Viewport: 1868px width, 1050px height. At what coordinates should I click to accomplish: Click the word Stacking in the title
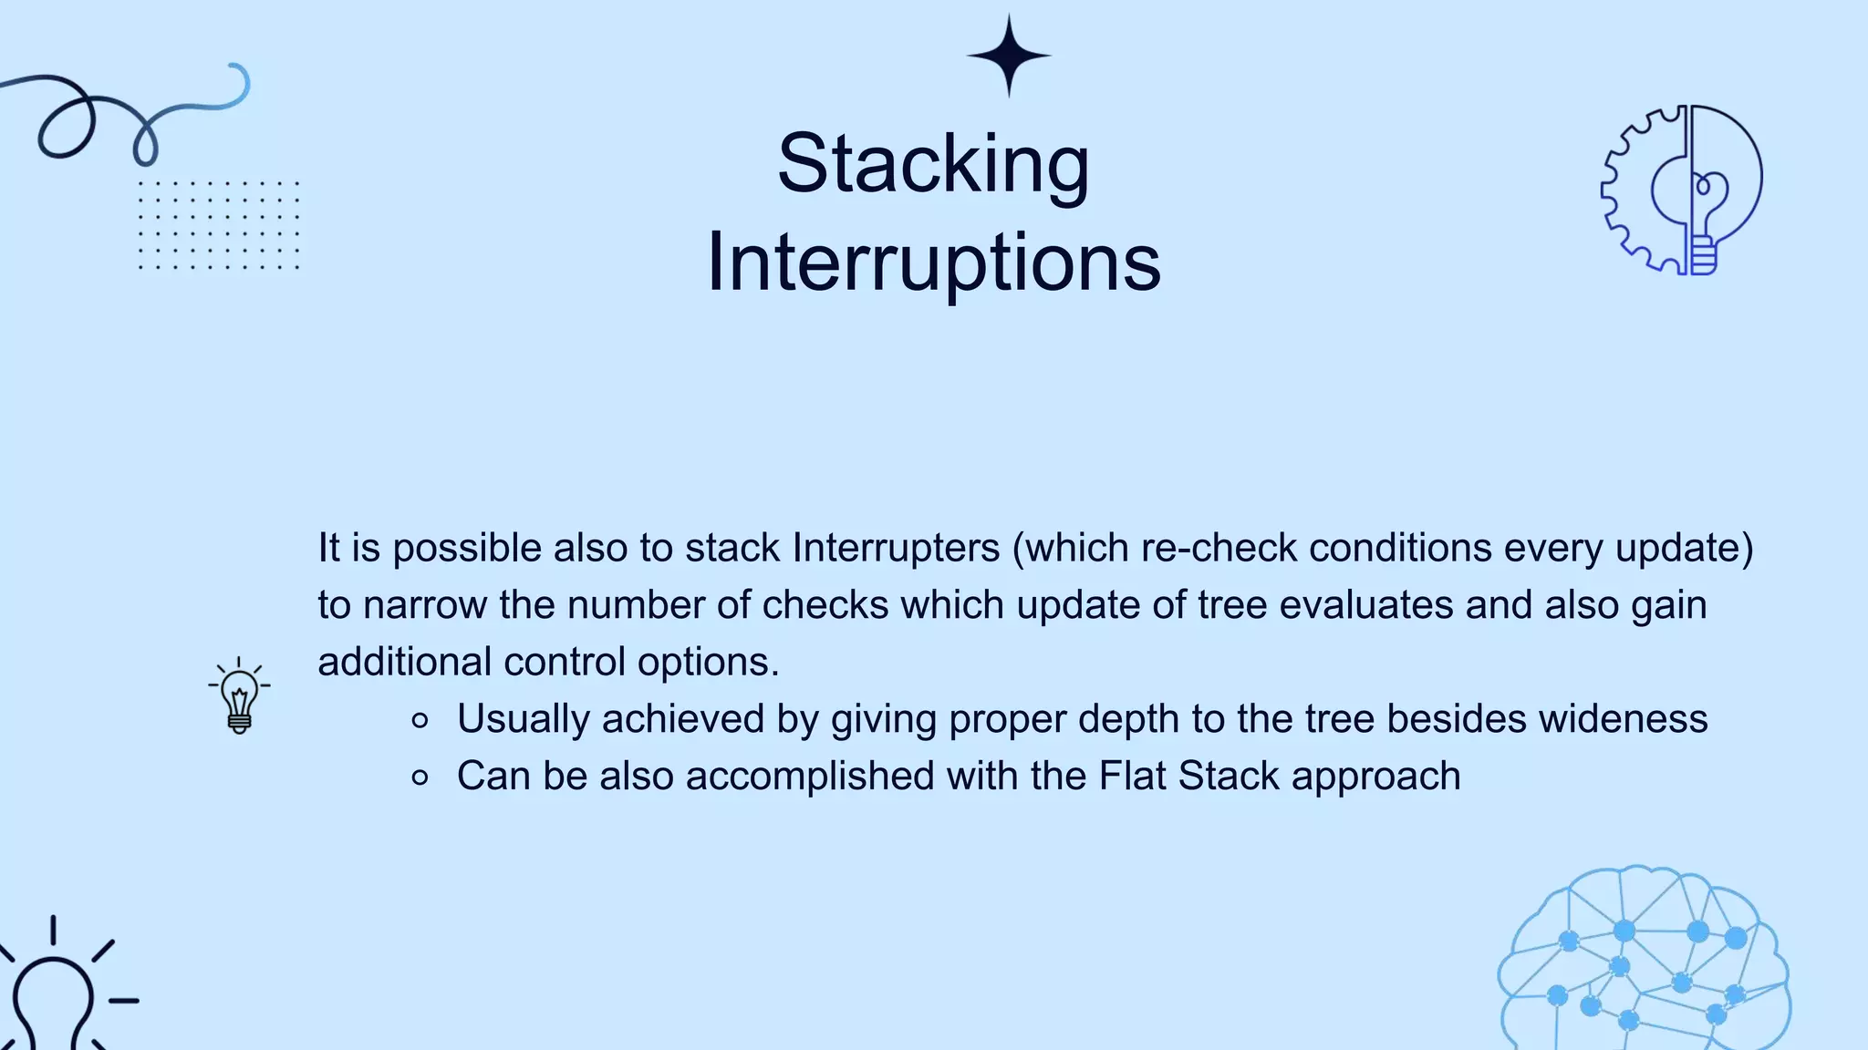click(933, 165)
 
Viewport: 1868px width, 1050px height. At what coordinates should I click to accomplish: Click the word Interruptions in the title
click(933, 262)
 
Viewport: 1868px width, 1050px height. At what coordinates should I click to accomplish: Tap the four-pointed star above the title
click(1009, 56)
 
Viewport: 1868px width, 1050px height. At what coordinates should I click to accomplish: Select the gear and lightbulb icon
click(1682, 190)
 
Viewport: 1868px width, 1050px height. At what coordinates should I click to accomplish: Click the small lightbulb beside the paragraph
click(239, 697)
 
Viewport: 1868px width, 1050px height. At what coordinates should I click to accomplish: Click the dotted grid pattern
click(218, 225)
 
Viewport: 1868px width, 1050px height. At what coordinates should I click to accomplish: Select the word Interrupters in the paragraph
click(896, 548)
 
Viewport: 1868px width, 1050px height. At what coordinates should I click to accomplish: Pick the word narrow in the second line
click(425, 605)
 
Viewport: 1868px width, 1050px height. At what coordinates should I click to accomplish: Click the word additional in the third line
click(404, 662)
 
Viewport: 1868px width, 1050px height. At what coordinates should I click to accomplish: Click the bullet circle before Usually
click(420, 721)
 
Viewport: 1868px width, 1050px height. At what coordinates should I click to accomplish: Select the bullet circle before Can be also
click(420, 777)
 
